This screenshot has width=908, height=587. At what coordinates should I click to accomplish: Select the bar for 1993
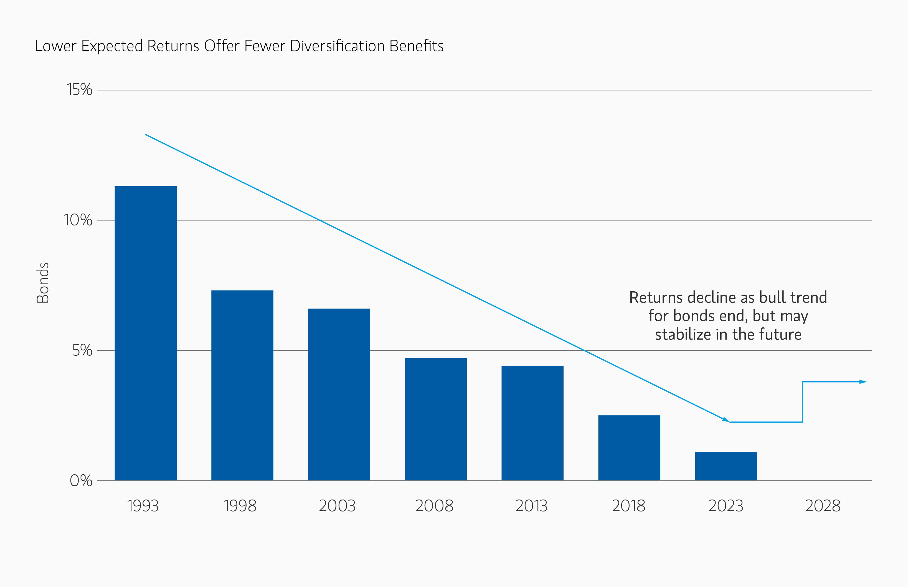(x=145, y=333)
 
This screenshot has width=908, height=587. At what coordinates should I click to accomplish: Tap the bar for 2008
(x=435, y=419)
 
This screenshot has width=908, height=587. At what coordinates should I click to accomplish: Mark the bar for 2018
(x=629, y=448)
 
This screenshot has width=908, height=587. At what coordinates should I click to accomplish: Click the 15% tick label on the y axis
(x=79, y=90)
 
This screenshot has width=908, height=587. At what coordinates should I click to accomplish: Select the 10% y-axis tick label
(x=78, y=220)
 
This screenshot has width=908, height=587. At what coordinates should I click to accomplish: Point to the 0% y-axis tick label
(x=81, y=481)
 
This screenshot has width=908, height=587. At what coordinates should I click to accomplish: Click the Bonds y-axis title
(x=43, y=283)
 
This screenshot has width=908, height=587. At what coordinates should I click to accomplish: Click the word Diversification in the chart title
(x=337, y=46)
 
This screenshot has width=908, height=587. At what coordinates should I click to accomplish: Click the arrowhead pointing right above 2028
(x=863, y=382)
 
